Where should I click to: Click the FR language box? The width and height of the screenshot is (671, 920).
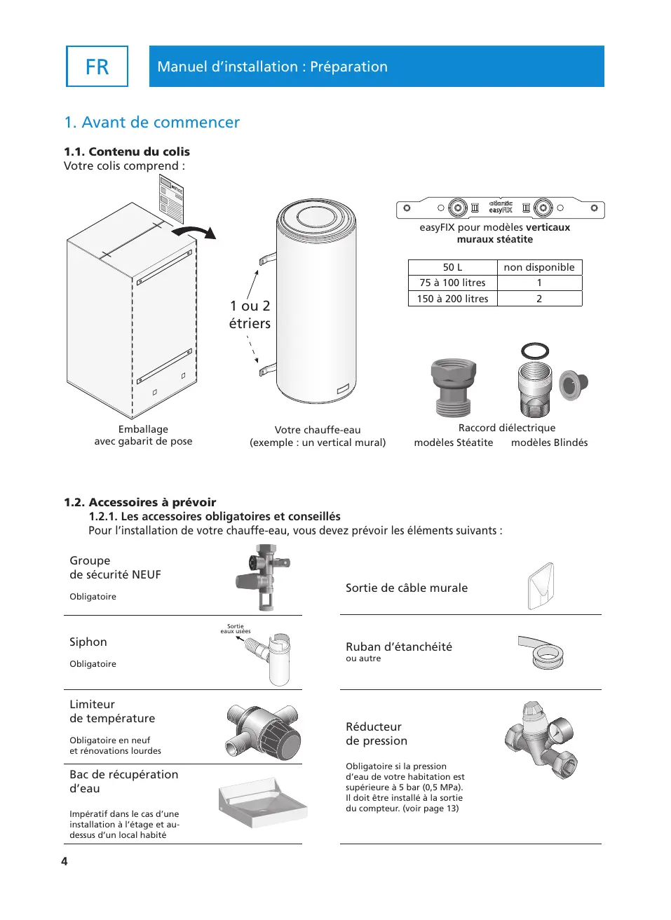coord(97,67)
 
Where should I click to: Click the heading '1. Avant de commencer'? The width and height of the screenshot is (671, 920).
coord(151,123)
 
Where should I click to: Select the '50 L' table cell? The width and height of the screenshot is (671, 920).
coord(452,267)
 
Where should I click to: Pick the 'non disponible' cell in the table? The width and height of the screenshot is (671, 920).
coord(538,267)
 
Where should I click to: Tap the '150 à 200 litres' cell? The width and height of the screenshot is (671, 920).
coord(452,299)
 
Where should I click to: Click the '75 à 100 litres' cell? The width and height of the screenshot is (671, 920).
coord(452,283)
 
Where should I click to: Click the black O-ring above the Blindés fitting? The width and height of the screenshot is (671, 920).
coord(535,351)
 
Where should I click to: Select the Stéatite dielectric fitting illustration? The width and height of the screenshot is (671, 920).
coord(453,387)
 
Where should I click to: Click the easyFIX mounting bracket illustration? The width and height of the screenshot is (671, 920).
coord(500,208)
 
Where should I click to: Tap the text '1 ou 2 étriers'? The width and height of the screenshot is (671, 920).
coord(250,314)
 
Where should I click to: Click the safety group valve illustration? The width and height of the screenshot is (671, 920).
coord(263,578)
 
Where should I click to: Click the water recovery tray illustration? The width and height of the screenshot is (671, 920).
coord(262,802)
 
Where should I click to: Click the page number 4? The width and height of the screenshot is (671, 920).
coord(65,861)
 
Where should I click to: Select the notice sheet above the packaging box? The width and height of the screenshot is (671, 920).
coord(171,198)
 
